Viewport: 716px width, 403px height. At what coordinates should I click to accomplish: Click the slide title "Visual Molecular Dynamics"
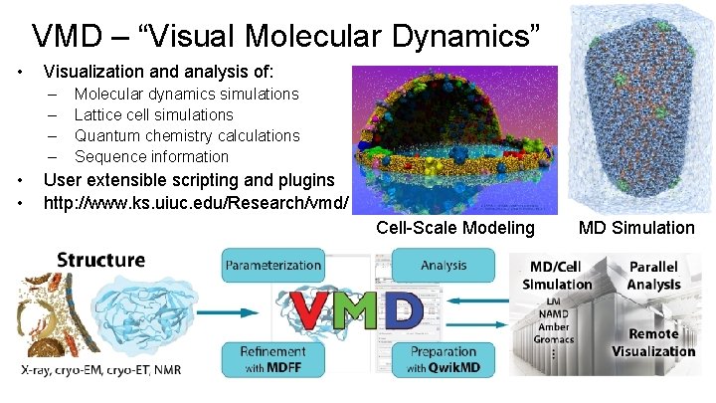click(x=286, y=36)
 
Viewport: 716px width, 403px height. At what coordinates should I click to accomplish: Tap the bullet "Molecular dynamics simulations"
click(x=187, y=94)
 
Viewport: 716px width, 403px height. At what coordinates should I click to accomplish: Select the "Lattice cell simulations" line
click(x=154, y=114)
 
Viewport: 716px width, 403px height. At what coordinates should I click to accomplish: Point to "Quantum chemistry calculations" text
click(x=187, y=135)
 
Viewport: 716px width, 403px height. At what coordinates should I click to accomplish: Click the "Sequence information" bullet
click(x=151, y=156)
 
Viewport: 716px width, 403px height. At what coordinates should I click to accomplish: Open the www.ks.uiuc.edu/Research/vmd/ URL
click(x=197, y=203)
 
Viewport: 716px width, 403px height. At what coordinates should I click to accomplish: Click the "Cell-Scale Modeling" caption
click(x=455, y=228)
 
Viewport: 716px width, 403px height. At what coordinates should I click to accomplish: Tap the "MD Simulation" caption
click(x=637, y=228)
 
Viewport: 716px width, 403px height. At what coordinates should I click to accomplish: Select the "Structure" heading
click(x=100, y=261)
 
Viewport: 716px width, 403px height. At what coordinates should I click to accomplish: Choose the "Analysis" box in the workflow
click(x=444, y=266)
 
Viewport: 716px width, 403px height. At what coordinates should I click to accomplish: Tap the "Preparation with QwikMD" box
click(x=444, y=357)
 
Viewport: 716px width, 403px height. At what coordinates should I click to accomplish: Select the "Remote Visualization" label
click(x=652, y=343)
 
